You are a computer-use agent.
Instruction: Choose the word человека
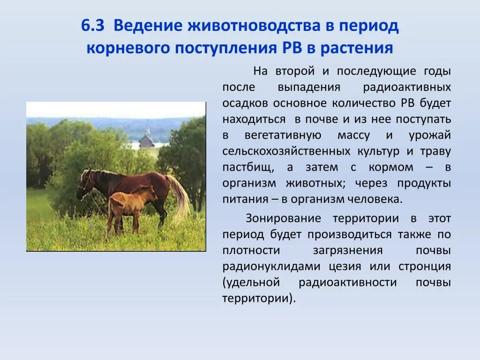tap(374, 199)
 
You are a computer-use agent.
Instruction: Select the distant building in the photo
tap(147, 141)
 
